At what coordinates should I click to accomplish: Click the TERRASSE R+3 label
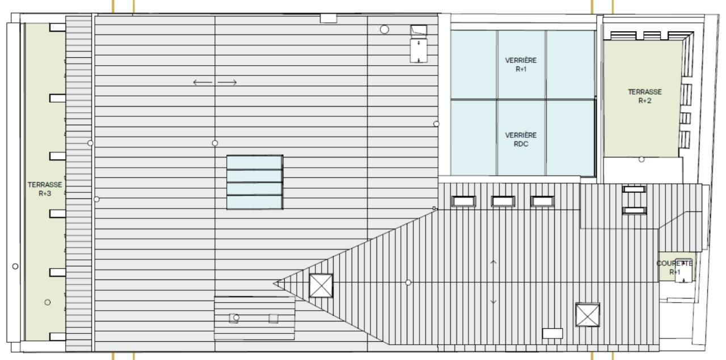[x=45, y=189]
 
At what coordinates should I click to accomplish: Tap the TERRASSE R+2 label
[x=645, y=96]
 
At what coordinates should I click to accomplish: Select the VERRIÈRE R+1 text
[x=521, y=65]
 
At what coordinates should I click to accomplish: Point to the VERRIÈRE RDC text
[x=521, y=139]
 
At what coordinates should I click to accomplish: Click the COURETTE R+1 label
[x=674, y=268]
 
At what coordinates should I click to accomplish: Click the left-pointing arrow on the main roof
[x=202, y=82]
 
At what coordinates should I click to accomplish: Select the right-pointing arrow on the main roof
[x=227, y=82]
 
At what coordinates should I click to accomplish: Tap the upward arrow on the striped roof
[x=493, y=263]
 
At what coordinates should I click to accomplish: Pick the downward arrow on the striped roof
[x=493, y=302]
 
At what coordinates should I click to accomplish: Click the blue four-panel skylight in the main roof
[x=255, y=182]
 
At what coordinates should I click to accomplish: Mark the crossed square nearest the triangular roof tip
[x=321, y=286]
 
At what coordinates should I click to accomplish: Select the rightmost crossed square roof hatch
[x=588, y=315]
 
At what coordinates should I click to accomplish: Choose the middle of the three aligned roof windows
[x=503, y=201]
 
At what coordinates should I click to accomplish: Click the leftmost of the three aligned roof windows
[x=464, y=201]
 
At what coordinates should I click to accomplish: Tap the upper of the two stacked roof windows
[x=634, y=189]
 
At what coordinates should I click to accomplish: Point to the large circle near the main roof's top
[x=385, y=29]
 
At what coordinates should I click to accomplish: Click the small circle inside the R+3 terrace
[x=47, y=302]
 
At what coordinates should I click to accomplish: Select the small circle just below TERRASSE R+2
[x=641, y=159]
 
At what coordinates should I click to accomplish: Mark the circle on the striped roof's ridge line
[x=408, y=282]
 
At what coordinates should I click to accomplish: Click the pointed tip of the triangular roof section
[x=273, y=283]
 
